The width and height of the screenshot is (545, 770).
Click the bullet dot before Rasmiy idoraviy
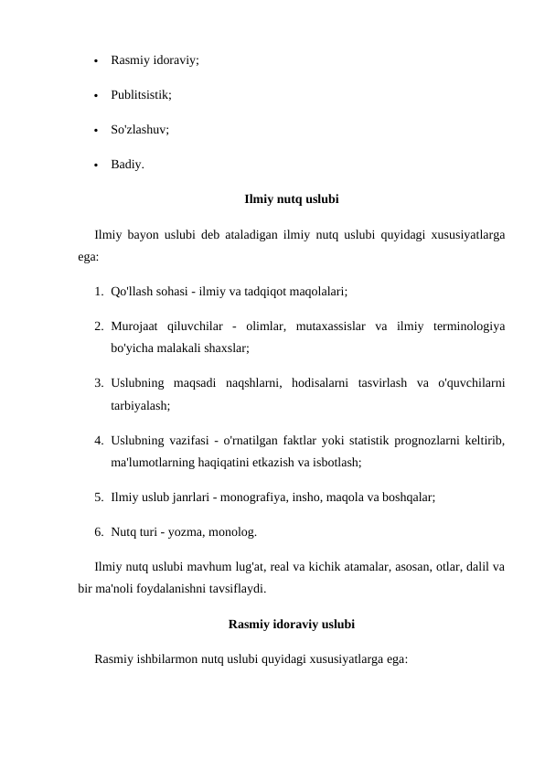tap(95, 62)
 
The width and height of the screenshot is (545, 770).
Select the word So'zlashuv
tap(139, 130)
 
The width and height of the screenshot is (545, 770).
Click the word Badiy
tap(126, 165)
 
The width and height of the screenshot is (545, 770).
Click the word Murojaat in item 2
tap(133, 326)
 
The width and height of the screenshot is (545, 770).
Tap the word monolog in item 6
tap(234, 531)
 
